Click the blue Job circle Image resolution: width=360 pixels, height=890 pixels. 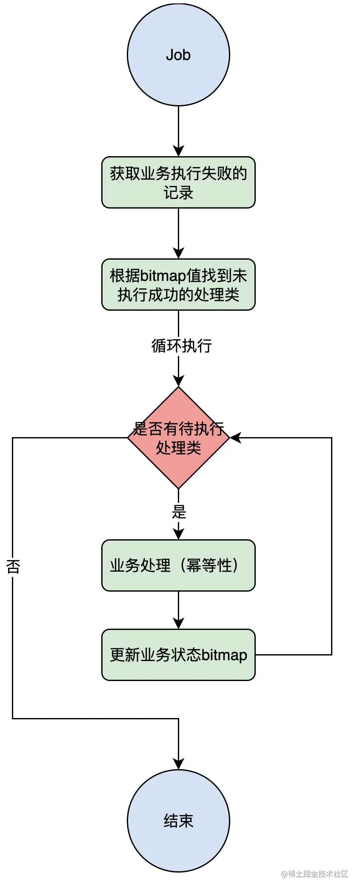(178, 55)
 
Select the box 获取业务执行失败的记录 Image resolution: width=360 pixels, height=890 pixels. (178, 183)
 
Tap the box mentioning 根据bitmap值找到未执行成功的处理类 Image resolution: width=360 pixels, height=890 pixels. (178, 285)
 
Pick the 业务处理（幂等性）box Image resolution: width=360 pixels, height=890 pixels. (178, 566)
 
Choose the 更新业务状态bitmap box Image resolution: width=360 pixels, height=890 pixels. (178, 655)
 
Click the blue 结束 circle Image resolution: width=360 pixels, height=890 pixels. (178, 821)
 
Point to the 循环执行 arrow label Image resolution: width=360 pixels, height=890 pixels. (182, 346)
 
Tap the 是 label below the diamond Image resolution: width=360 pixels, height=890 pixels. (179, 511)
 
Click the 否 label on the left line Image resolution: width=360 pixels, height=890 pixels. (13, 566)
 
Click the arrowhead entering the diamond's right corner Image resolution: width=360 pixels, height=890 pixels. (235, 438)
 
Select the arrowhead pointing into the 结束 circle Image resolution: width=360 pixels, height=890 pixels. (178, 764)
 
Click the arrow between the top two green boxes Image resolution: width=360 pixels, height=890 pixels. (178, 233)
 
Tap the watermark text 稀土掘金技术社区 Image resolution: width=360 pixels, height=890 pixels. (318, 874)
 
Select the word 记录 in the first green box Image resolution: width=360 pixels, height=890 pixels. (178, 193)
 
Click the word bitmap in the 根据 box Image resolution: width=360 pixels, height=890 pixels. (163, 276)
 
